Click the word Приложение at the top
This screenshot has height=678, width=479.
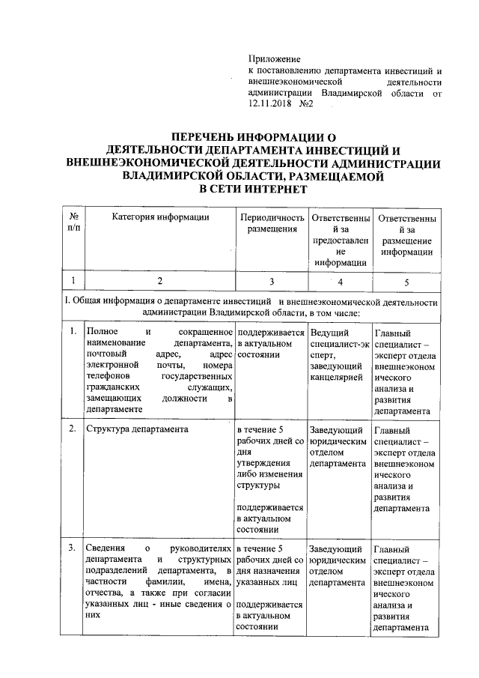[274, 58]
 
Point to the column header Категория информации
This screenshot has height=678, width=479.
[159, 217]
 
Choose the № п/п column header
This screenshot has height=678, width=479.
[73, 223]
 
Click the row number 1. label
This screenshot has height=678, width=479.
[73, 330]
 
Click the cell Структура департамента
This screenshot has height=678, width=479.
[136, 429]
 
